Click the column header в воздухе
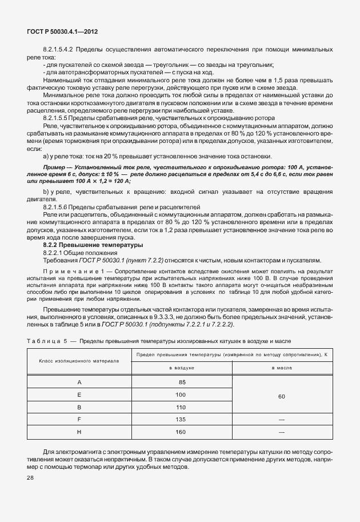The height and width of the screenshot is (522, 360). click(181, 368)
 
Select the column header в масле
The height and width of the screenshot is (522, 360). click(283, 368)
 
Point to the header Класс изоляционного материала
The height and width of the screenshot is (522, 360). click(79, 361)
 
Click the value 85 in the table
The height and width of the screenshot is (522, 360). click(181, 381)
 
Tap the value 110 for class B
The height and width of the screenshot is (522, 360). click(181, 407)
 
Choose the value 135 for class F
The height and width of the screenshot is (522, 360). click(181, 420)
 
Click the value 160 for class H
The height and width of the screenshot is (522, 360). click(181, 432)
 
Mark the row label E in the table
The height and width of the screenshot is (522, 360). click(79, 395)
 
